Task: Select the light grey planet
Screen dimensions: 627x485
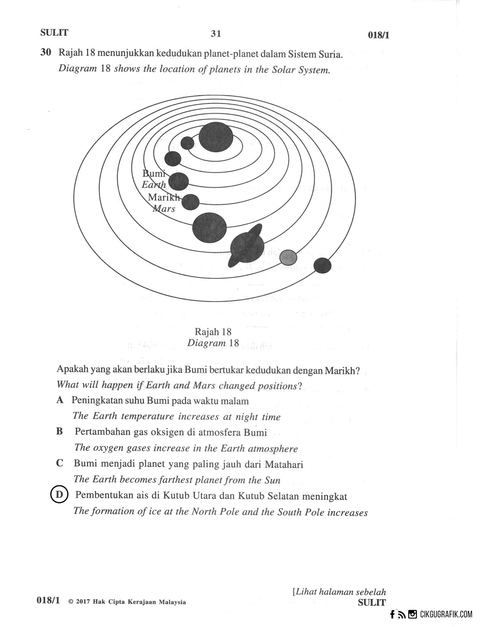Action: pos(288,257)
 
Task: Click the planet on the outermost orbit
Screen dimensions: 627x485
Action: pos(323,266)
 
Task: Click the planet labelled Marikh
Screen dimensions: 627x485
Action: pos(191,202)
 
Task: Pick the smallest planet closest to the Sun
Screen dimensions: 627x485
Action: pos(187,143)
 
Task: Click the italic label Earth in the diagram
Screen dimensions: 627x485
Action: pos(154,185)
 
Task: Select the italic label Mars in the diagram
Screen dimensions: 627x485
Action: pos(164,208)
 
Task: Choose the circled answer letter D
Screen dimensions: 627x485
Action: pos(59,495)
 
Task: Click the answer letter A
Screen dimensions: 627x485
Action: pos(60,400)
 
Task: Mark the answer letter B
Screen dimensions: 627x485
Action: pos(60,431)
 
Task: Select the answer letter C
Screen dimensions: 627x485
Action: pos(60,463)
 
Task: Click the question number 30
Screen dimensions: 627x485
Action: pos(46,53)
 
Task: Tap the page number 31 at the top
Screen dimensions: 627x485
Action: pos(216,34)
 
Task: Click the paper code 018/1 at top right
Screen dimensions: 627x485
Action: pos(378,35)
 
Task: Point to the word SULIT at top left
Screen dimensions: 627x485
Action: pos(54,33)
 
